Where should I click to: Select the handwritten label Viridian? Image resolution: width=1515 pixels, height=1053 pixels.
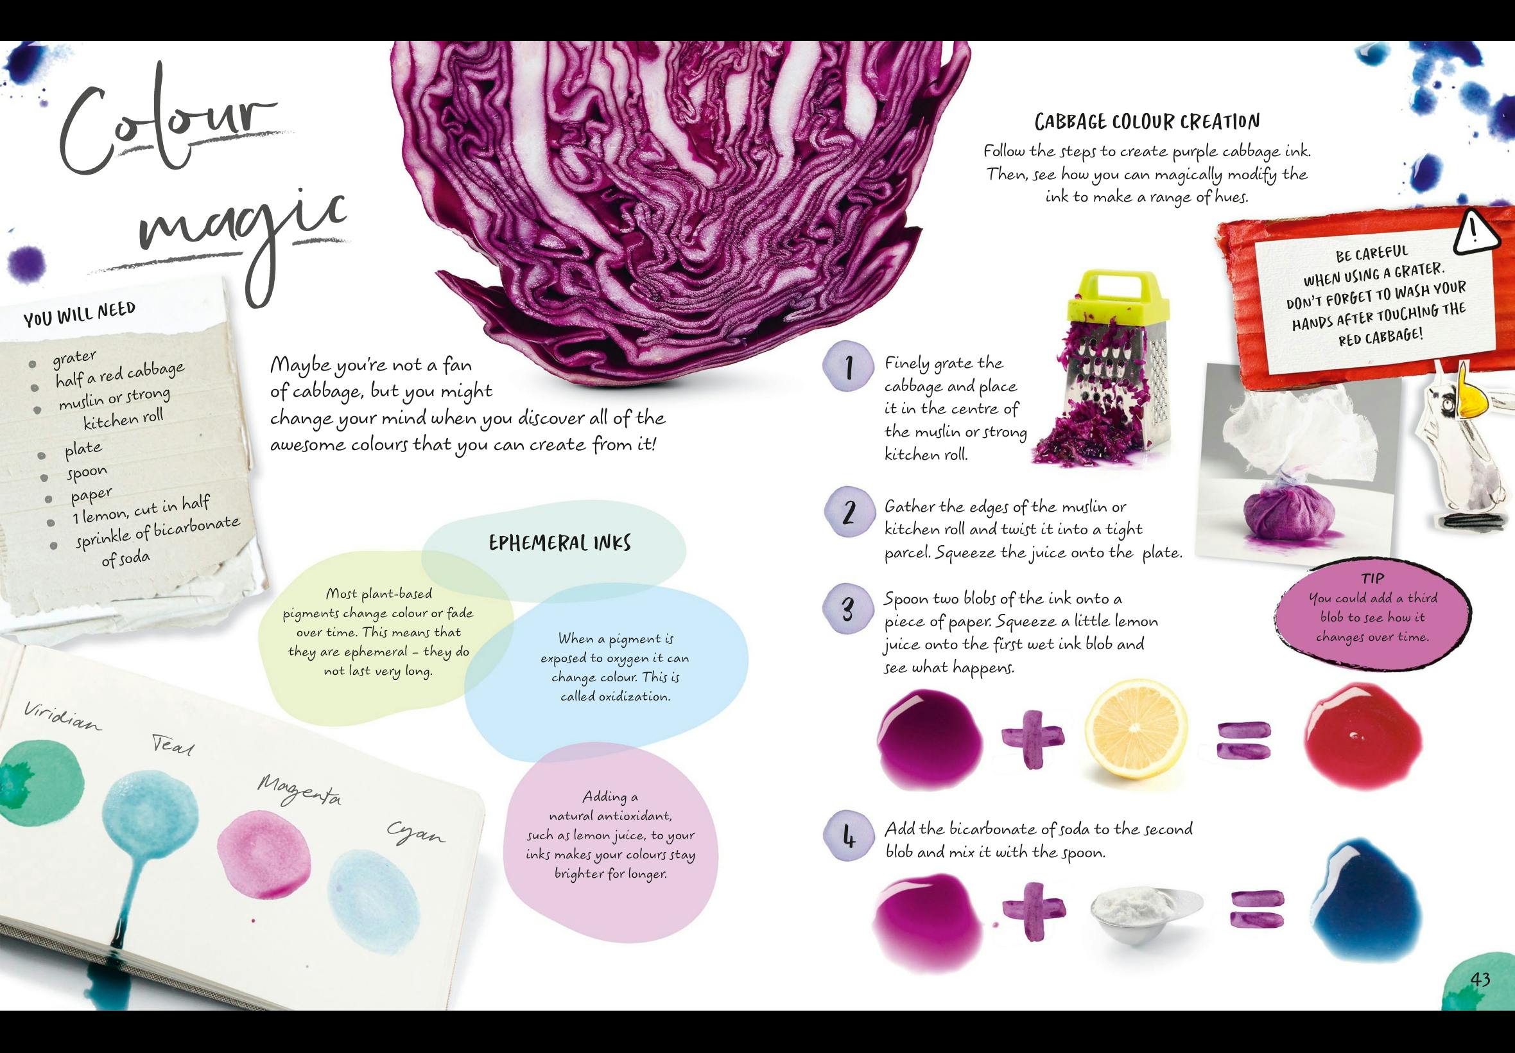[x=64, y=717]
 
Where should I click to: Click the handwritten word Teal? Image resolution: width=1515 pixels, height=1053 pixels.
[x=173, y=745]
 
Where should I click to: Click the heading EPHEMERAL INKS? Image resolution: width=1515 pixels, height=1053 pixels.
[x=560, y=543]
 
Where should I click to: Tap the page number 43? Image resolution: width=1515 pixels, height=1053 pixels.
[x=1480, y=980]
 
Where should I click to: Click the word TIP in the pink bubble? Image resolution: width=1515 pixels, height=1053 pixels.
[x=1372, y=579]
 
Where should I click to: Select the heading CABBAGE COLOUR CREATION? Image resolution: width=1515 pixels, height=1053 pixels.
[x=1147, y=121]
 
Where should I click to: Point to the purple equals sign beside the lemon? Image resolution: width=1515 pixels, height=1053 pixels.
[x=1243, y=741]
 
